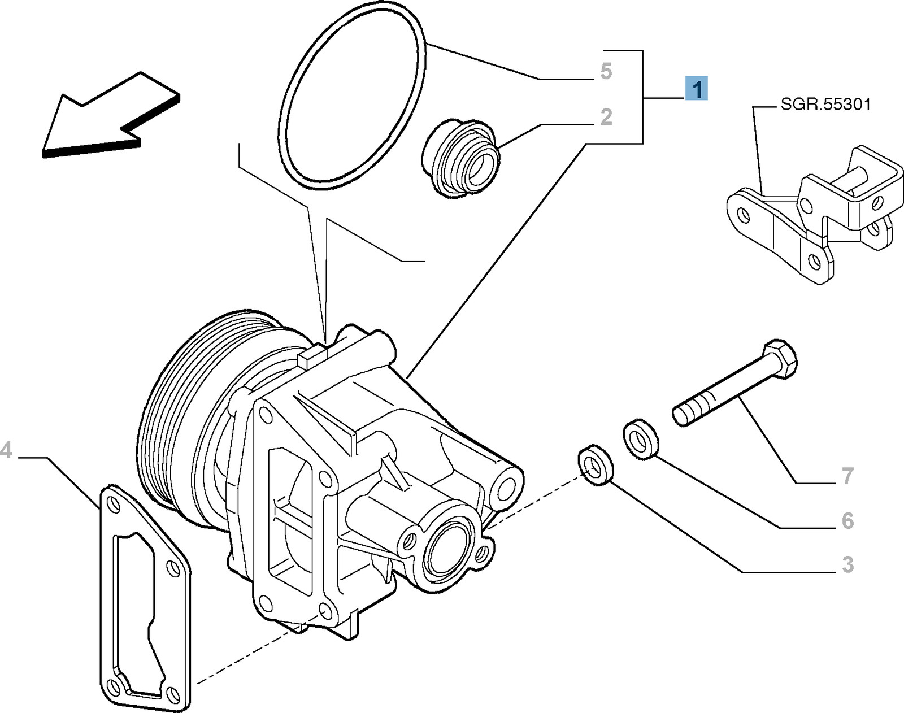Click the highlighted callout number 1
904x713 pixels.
point(697,89)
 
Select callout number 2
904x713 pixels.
point(606,117)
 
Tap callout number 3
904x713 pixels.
point(847,564)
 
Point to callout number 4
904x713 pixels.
point(6,451)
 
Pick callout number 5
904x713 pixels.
point(606,72)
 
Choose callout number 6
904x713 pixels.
point(847,520)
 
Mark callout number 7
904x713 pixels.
point(847,476)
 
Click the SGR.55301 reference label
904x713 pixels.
point(825,105)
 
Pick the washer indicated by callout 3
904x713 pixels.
point(596,464)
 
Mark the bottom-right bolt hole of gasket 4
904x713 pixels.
point(170,691)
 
